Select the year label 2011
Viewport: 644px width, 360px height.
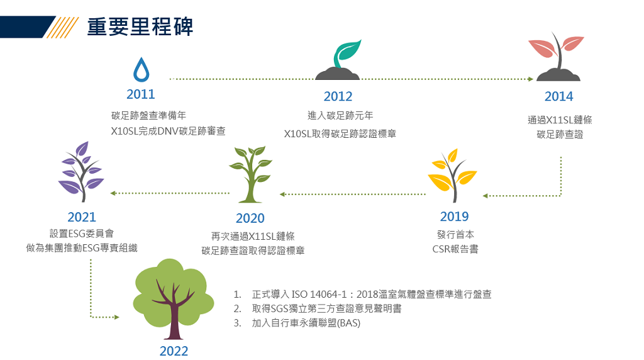tap(140, 94)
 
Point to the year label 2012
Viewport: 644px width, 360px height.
tap(338, 96)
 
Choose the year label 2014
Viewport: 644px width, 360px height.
tap(558, 96)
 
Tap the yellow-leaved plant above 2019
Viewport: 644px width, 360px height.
tap(452, 176)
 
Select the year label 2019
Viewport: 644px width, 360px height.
tap(454, 216)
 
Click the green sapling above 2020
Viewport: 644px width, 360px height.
tap(250, 174)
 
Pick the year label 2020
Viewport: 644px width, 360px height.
tap(250, 218)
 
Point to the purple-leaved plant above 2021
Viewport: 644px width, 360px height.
tap(81, 172)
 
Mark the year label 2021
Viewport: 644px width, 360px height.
tap(81, 217)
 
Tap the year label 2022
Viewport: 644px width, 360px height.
tap(174, 351)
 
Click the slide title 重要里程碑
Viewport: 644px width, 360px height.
tap(140, 26)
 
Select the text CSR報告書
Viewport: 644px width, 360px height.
tap(455, 249)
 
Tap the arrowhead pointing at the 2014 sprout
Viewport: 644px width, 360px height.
tap(531, 79)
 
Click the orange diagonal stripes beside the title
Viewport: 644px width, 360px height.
tap(62, 27)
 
